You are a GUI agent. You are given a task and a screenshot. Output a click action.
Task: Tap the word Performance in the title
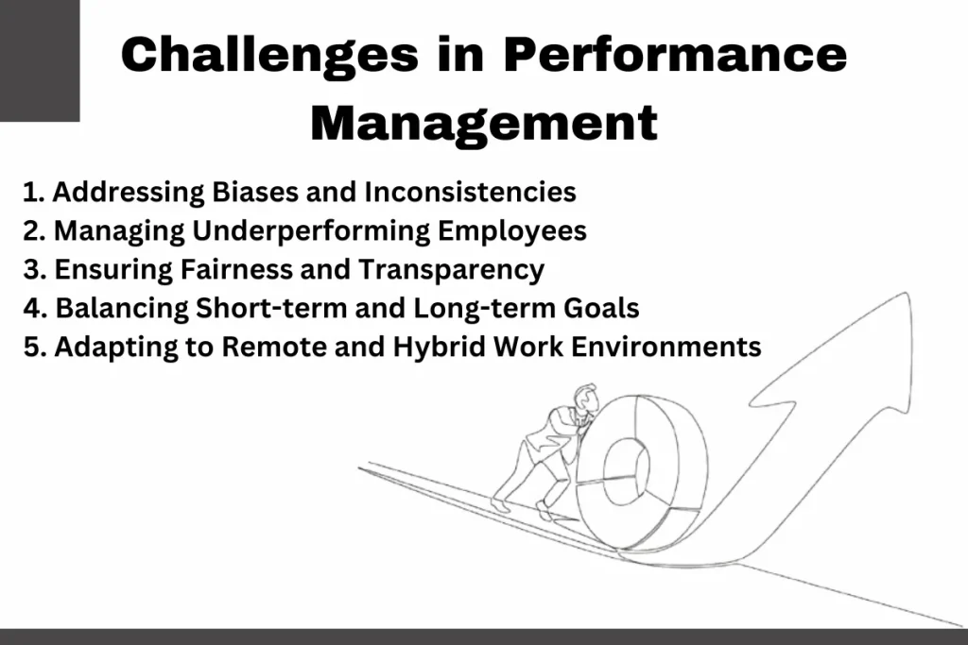click(675, 54)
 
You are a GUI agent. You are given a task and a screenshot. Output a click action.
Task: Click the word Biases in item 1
click(255, 191)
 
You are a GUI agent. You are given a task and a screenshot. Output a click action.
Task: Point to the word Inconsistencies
click(470, 191)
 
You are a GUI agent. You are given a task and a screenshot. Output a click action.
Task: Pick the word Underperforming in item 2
click(310, 231)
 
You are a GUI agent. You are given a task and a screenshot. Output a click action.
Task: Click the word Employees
click(512, 231)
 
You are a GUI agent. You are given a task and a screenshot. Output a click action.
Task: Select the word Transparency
click(451, 270)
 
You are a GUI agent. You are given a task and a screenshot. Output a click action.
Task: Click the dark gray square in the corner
click(40, 60)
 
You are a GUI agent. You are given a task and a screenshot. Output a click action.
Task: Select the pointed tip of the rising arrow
click(907, 294)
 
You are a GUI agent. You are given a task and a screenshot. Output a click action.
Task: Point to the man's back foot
click(501, 503)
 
